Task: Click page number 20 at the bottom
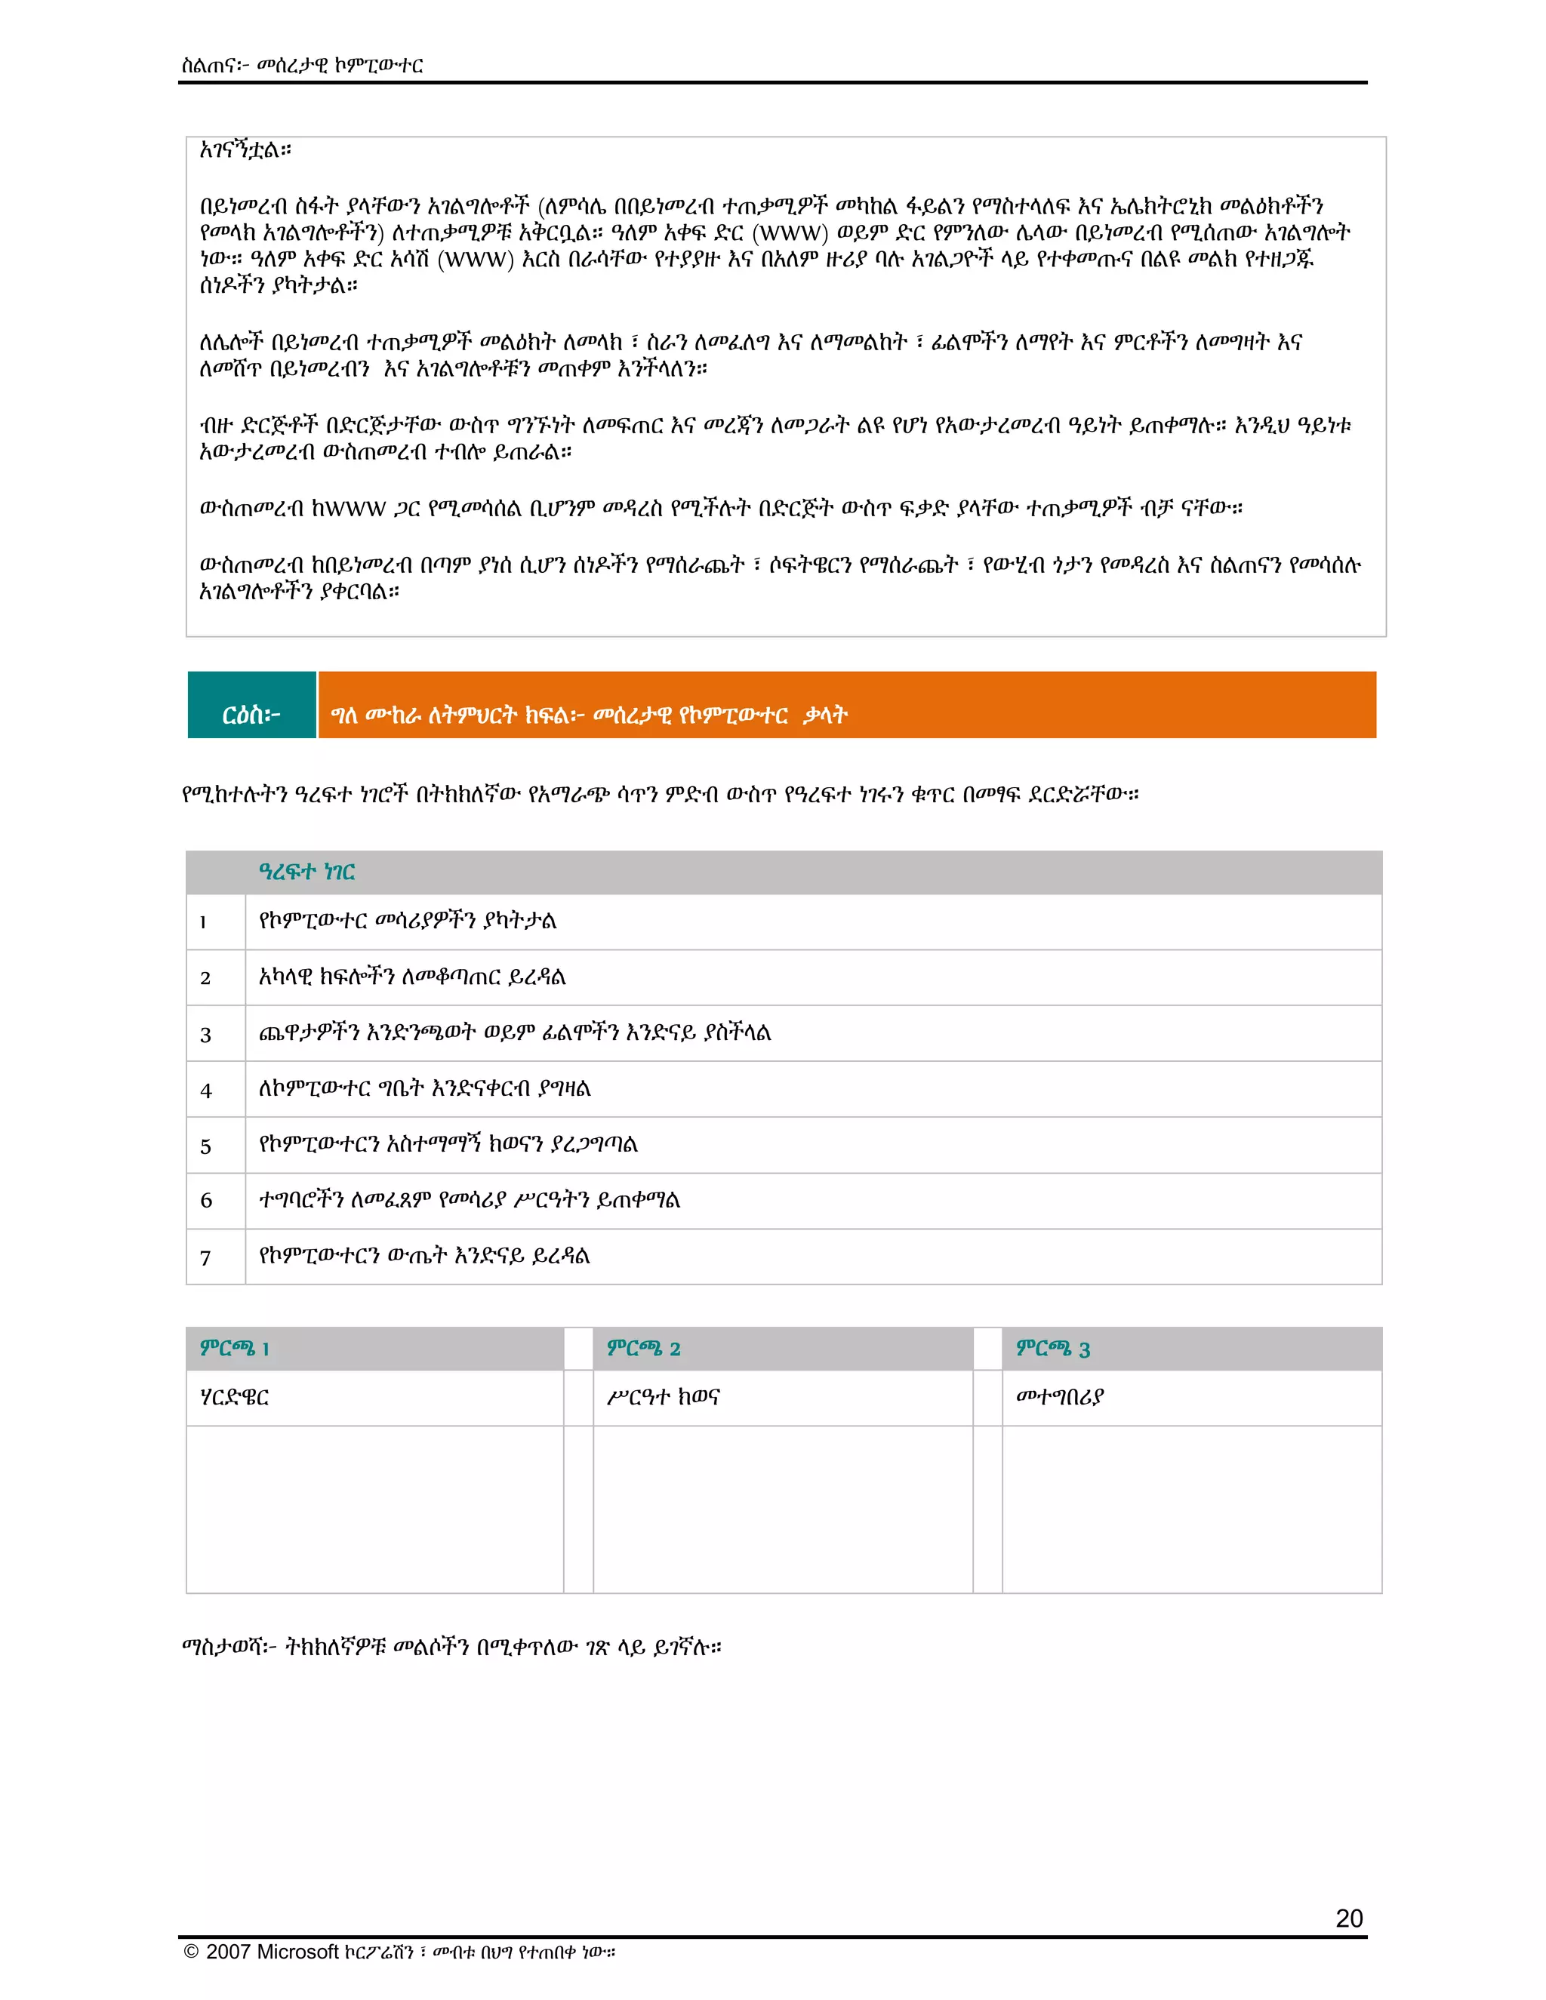[1348, 1918]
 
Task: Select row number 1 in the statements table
[203, 922]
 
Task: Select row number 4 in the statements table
[206, 1091]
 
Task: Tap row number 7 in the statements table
[206, 1258]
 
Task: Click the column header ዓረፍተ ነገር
[306, 872]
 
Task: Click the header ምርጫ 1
[235, 1348]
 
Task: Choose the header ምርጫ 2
[643, 1348]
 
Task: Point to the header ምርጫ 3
[1052, 1348]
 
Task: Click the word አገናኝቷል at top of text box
[245, 150]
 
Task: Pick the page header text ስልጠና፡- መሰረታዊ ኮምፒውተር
[302, 65]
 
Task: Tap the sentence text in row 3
[515, 1033]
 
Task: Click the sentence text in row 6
[469, 1201]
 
